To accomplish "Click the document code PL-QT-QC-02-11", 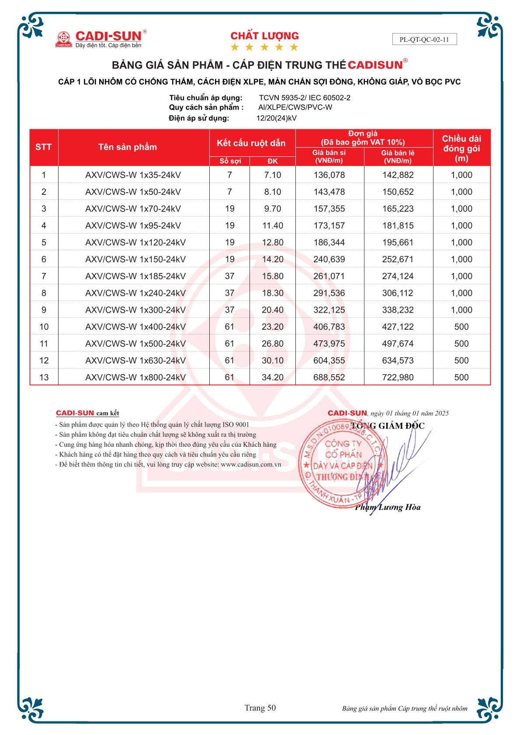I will coord(424,39).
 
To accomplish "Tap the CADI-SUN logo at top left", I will coord(100,38).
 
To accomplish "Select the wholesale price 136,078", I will coord(329,175).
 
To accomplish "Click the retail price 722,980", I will coord(398,377).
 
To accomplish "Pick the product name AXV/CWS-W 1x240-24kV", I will coord(135,293).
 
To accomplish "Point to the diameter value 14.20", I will coord(273,259).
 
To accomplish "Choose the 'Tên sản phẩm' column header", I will coord(128,147).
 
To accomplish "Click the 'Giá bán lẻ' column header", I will coord(398,157).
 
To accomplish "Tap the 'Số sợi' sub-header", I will coord(230,161).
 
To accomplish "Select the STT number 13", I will coord(44,377).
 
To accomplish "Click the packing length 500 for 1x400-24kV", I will coord(461,327).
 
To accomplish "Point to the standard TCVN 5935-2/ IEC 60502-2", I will coord(305,98).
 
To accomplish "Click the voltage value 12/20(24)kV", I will coord(277,118).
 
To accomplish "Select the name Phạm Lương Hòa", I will coord(388,507).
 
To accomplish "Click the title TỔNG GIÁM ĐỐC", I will coord(387,426).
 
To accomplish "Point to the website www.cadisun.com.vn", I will coord(251,464).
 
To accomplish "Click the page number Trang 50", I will coord(260,708).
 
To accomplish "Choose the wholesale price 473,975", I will coord(329,344).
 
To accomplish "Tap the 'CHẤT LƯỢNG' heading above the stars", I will coord(264,36).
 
